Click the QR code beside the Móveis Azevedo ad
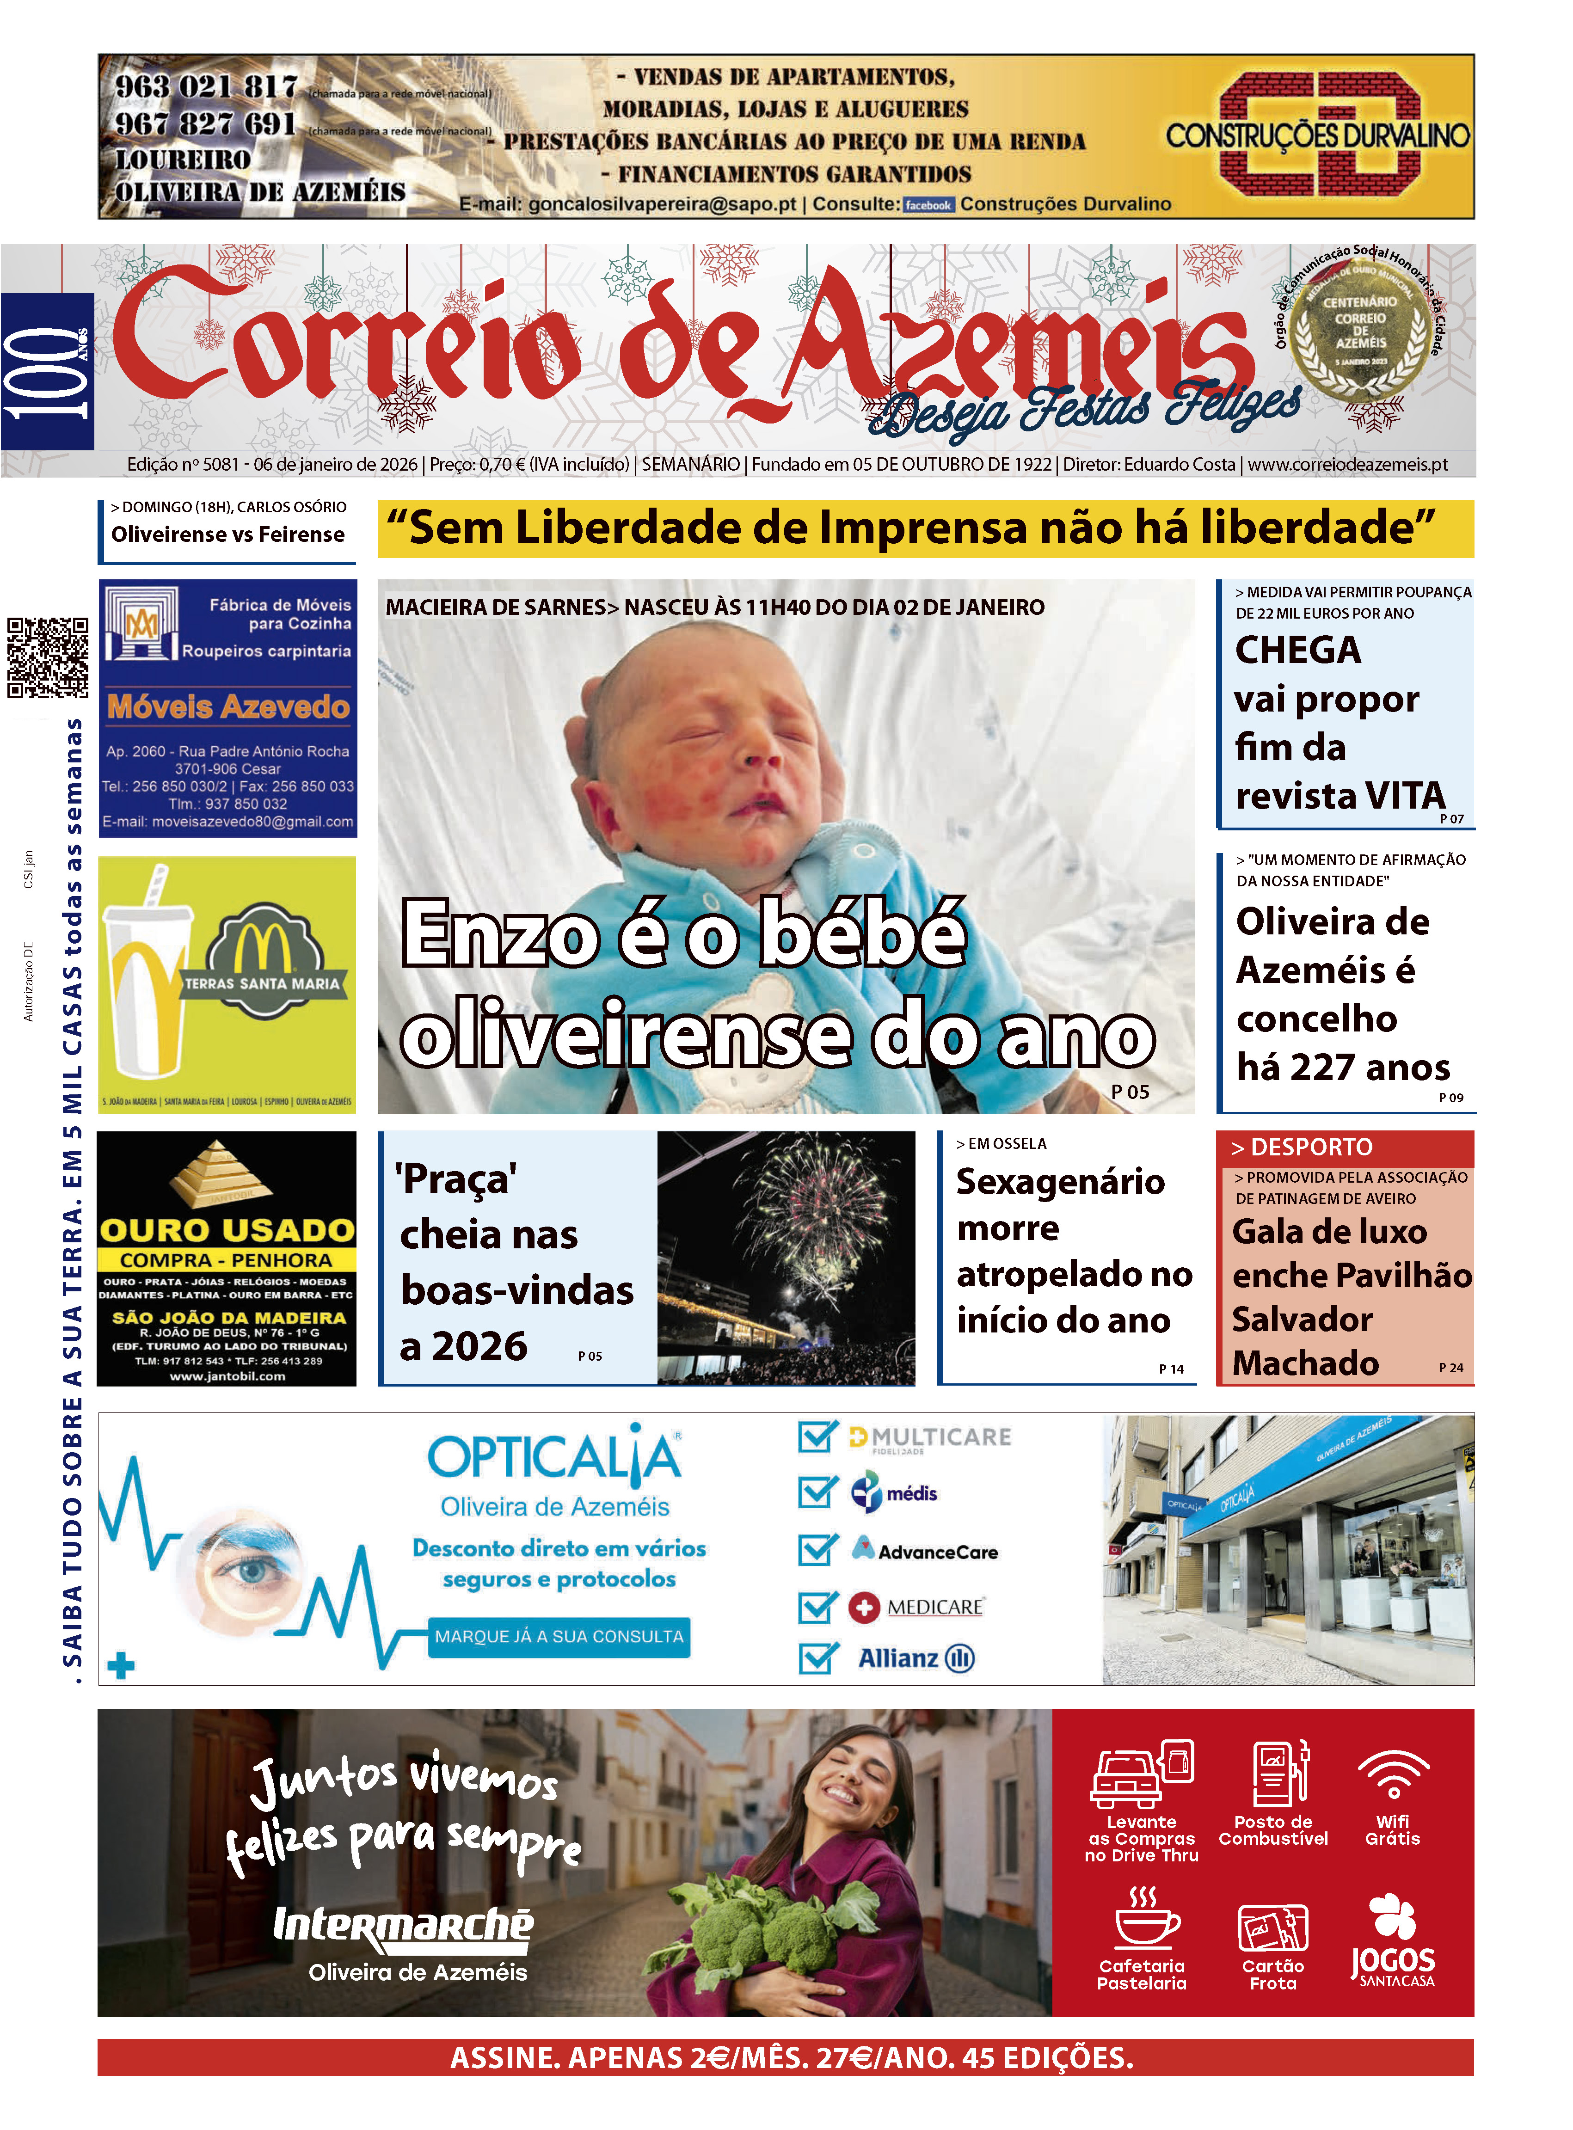[48, 657]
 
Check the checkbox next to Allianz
[817, 1658]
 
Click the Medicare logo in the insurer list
[917, 1607]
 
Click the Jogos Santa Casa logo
[1393, 1942]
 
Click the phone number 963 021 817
[206, 86]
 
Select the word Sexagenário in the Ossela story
[1060, 1182]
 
